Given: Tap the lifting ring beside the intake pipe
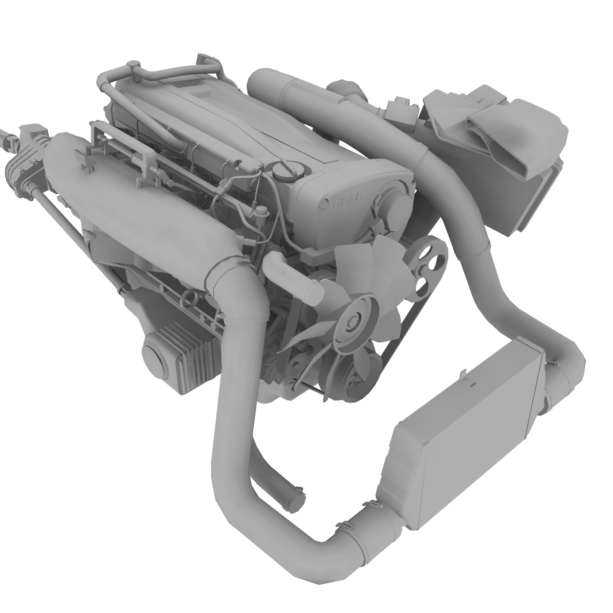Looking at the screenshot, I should point(190,297).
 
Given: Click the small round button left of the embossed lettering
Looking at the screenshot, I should point(325,203).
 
